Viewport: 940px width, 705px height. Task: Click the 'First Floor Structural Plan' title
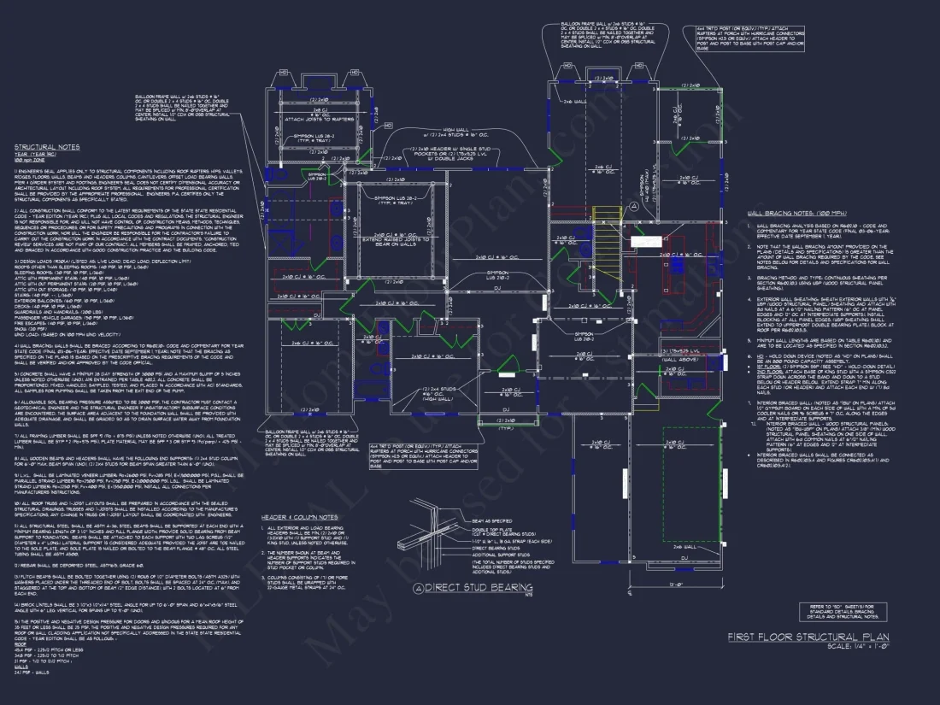click(808, 637)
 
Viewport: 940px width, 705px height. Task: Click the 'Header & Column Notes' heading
click(300, 517)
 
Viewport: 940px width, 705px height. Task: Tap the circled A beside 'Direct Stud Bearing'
click(418, 588)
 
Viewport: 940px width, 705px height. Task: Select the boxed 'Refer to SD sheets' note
click(834, 610)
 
